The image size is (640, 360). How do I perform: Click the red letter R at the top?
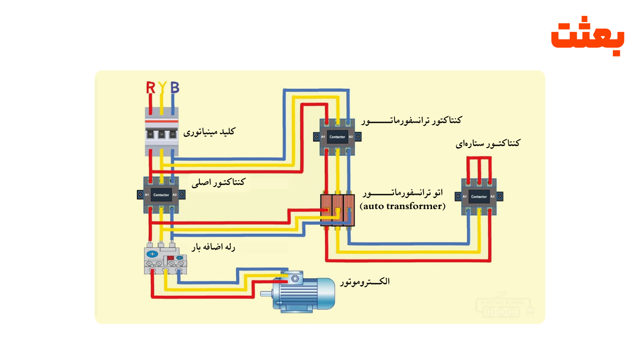pyautogui.click(x=150, y=87)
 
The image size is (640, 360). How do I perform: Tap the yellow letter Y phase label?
pyautogui.click(x=162, y=87)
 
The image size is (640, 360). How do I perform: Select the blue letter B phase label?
pyautogui.click(x=174, y=87)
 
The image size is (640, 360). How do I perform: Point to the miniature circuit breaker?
pyautogui.click(x=162, y=132)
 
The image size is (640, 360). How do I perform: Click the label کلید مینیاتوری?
pyautogui.click(x=209, y=132)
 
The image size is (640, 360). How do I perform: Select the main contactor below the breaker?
pyautogui.click(x=161, y=194)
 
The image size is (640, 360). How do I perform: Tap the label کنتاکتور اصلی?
pyautogui.click(x=218, y=182)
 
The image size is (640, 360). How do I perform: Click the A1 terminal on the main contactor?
pyautogui.click(x=147, y=194)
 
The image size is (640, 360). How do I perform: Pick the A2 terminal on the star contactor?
pyautogui.click(x=493, y=196)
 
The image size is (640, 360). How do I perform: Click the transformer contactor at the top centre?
pyautogui.click(x=337, y=136)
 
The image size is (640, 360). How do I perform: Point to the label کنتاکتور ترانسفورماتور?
pyautogui.click(x=411, y=120)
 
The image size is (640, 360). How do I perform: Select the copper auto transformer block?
pyautogui.click(x=337, y=210)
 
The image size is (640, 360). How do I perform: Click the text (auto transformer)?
pyautogui.click(x=402, y=206)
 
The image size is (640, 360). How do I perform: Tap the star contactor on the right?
pyautogui.click(x=479, y=196)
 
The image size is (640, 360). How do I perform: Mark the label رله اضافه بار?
pyautogui.click(x=212, y=247)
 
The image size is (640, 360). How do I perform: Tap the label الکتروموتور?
pyautogui.click(x=366, y=282)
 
